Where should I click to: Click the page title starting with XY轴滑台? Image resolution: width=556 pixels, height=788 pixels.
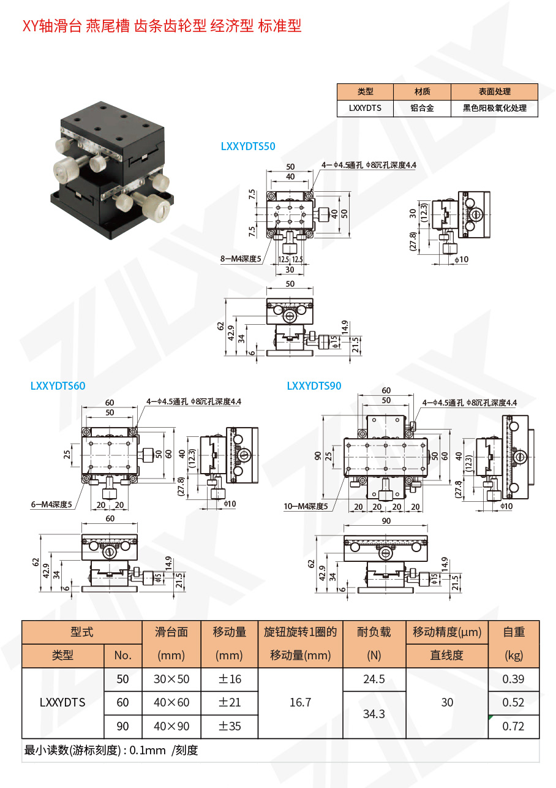coord(162,26)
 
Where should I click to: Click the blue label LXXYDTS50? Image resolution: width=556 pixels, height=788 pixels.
coord(248,146)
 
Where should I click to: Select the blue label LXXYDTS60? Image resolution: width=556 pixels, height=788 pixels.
coord(58,385)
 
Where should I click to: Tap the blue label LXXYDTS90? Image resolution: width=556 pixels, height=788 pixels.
coord(314,385)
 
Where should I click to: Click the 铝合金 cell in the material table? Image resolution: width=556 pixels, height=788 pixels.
coord(422,108)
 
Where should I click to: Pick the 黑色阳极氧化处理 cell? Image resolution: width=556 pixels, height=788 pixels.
coord(494,108)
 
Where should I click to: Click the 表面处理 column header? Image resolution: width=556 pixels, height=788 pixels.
coord(494,92)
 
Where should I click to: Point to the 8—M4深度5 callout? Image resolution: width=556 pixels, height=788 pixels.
coord(241,259)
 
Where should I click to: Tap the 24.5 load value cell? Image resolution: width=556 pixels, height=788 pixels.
coord(374,679)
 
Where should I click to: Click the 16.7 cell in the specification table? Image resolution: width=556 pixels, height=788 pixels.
coord(300,702)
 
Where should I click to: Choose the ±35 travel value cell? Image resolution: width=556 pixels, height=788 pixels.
coord(230,726)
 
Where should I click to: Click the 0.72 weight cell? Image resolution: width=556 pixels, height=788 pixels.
coord(513,726)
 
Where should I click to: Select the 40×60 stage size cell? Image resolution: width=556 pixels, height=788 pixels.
coord(171,702)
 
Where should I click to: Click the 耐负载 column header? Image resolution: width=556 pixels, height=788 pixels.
coord(374,632)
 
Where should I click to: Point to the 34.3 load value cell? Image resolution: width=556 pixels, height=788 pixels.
coord(374,714)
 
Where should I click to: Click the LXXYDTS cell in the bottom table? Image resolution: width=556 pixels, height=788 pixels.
coord(62,702)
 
